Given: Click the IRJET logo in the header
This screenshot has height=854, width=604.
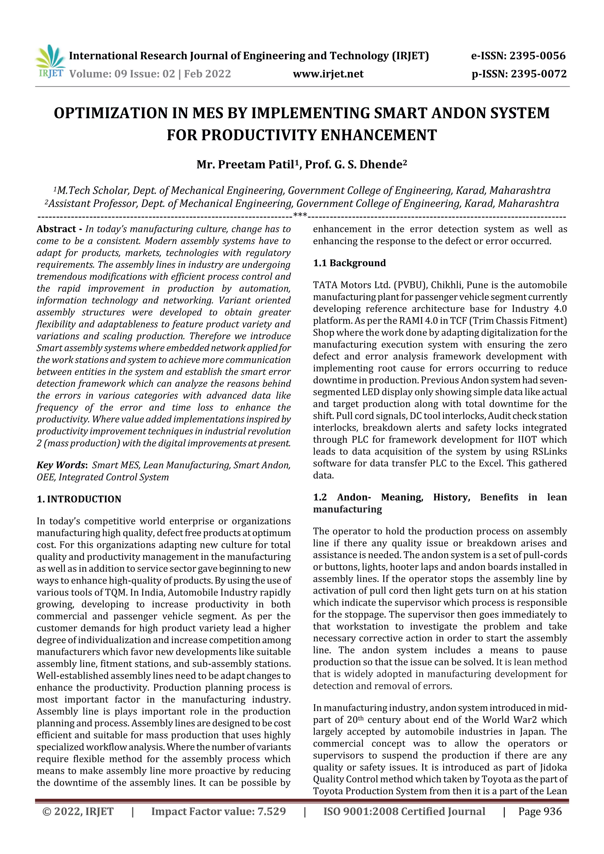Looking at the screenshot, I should (x=50, y=61).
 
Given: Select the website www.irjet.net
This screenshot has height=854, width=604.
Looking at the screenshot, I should (x=328, y=74).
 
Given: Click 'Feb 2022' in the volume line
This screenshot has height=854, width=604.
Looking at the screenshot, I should (x=207, y=74).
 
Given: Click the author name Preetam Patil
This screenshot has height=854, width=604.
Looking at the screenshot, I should (x=256, y=164).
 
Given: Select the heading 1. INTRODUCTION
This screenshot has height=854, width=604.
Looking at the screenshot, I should (x=79, y=499).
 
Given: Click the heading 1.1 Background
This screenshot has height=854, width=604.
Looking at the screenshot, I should (x=349, y=263).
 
